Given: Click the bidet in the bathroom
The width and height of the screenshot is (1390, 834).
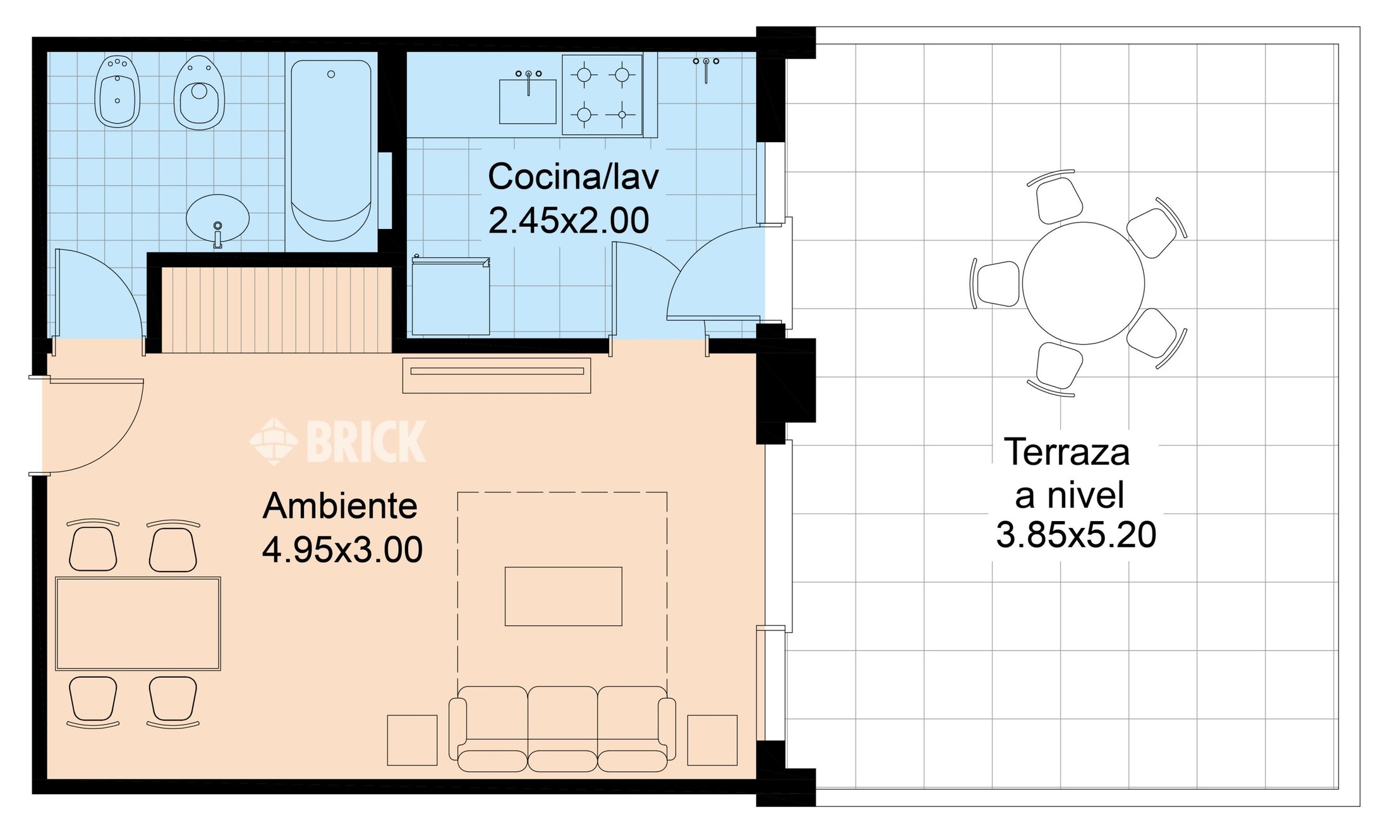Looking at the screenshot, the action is click(x=118, y=92).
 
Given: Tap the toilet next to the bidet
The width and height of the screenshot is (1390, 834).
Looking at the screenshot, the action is click(x=200, y=93).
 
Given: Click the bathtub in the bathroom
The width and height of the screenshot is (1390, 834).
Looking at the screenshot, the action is click(x=331, y=150).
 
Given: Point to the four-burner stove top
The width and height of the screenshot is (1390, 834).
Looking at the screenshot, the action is click(x=603, y=95).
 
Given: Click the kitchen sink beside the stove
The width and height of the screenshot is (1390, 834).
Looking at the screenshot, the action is click(x=528, y=99).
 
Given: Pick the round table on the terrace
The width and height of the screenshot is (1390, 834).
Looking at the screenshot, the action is click(x=1084, y=283).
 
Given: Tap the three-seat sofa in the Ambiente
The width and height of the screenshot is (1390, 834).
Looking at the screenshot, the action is click(x=562, y=728).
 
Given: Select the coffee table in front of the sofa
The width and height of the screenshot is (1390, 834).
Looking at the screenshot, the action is click(x=564, y=596).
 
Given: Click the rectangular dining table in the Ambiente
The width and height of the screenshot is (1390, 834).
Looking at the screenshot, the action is click(x=138, y=623).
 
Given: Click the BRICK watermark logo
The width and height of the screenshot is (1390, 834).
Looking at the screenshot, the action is click(x=338, y=441).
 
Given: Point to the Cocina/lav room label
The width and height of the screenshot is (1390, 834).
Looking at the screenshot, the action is click(x=573, y=176).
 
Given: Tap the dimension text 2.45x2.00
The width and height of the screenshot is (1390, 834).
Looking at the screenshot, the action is click(x=569, y=221).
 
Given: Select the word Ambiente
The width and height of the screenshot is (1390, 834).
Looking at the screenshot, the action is click(x=340, y=506).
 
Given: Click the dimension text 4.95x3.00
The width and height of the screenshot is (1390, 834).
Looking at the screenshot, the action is click(x=342, y=549).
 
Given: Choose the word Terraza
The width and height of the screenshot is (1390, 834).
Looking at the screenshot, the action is click(x=1067, y=452).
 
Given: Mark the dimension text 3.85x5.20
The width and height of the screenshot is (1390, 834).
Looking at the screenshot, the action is click(x=1076, y=535).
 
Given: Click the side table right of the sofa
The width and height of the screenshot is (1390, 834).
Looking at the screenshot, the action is click(x=713, y=740).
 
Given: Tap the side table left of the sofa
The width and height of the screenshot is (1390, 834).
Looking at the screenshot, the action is click(x=412, y=740).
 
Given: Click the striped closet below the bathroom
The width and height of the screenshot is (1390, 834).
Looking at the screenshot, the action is click(x=277, y=310).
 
